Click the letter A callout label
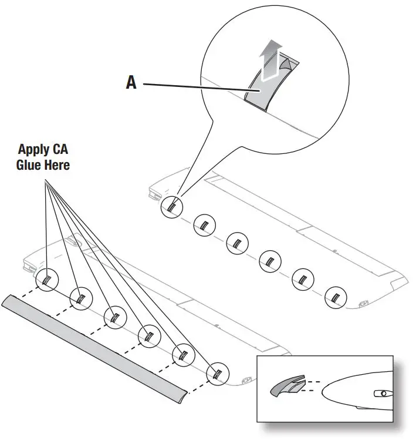131,83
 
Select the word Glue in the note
28,165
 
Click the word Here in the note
56,165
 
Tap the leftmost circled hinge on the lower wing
47,281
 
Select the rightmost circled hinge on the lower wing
218,372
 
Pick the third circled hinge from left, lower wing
114,317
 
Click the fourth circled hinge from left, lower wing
148,335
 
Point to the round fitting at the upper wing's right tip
364,303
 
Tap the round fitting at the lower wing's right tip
246,379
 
